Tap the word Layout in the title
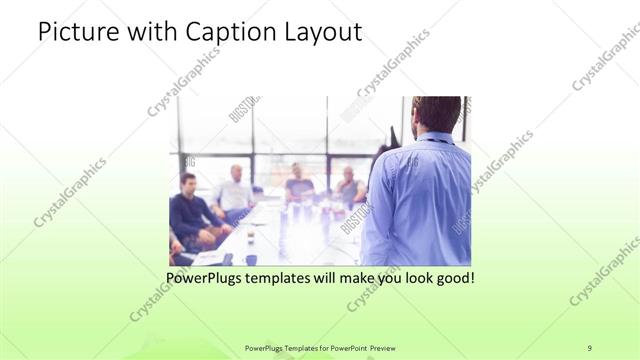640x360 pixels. tap(326, 32)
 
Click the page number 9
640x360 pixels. tap(589, 347)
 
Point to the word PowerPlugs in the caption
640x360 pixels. tap(205, 276)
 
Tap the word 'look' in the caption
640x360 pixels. tap(415, 276)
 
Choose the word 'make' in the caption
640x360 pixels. tap(353, 276)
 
